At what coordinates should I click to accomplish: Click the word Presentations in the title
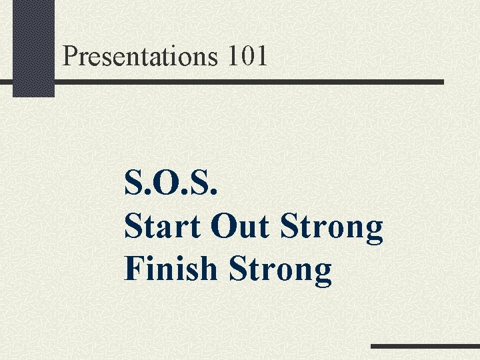[x=140, y=56]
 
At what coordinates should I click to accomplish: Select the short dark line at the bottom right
[x=425, y=347]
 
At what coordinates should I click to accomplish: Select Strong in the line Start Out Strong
[x=332, y=228]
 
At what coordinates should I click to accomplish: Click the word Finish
[x=171, y=269]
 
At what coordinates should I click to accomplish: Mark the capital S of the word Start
[x=134, y=227]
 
